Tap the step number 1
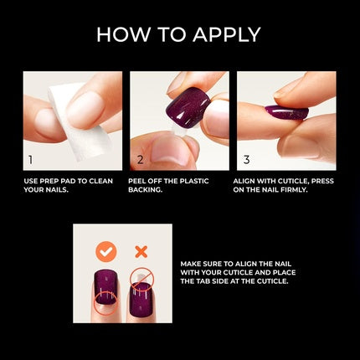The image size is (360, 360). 31,157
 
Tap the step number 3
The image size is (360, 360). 245,157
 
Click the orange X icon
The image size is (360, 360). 141,251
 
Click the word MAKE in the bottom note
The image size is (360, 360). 193,264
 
